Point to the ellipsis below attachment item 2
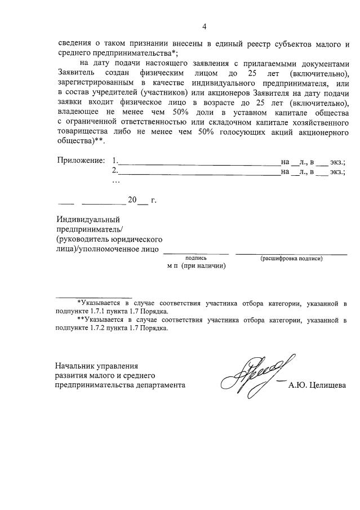(116, 181)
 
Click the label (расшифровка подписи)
(291, 258)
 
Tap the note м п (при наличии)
(196, 266)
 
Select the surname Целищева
(330, 385)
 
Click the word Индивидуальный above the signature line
(87, 219)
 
